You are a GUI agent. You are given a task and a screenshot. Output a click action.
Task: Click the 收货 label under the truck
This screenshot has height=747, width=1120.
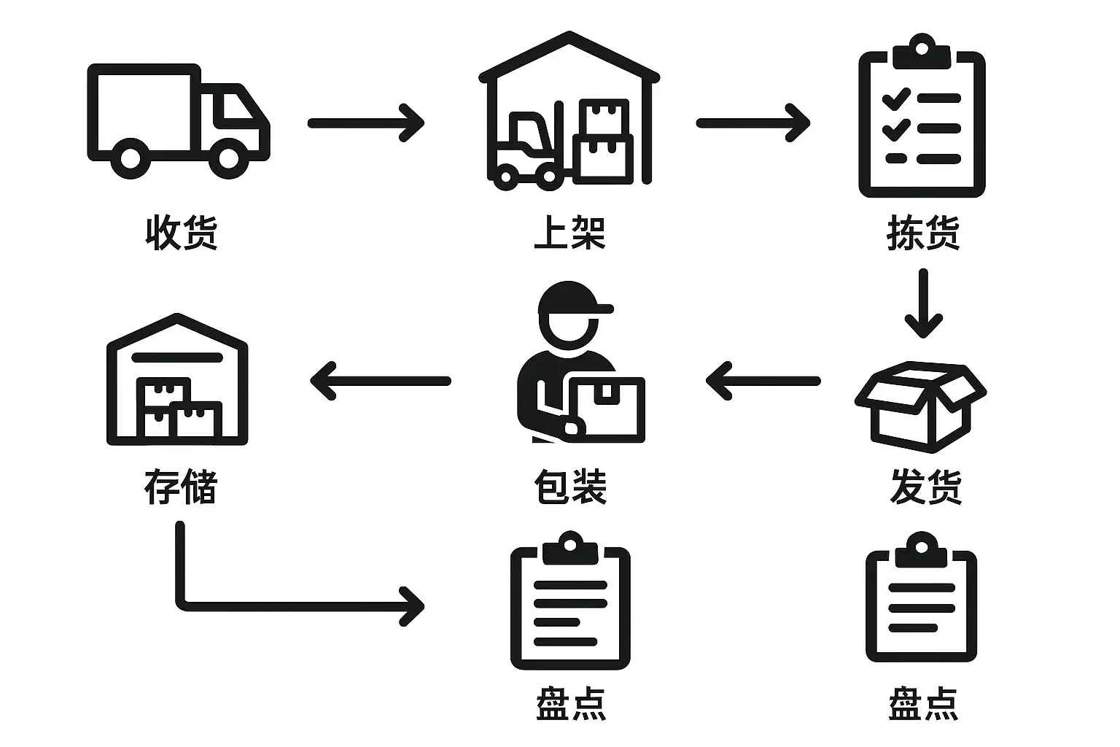coord(182,233)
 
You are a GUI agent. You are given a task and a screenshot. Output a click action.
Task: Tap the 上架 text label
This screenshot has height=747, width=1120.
coord(569,233)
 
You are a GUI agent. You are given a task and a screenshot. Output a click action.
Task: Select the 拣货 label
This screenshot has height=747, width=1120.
coord(922,233)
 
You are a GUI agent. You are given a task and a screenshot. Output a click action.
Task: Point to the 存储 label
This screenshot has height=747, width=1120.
coord(181,487)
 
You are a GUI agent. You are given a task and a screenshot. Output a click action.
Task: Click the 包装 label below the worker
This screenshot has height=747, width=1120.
coord(569,487)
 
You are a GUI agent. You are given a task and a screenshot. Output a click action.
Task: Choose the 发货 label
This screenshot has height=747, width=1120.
coord(925,487)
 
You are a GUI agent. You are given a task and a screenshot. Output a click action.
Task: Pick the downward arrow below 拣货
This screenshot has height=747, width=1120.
coord(923,303)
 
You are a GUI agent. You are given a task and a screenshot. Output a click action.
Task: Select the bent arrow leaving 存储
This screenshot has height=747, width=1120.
coord(292,604)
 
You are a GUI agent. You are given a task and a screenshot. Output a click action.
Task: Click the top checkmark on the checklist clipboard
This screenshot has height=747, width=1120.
coord(895,97)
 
